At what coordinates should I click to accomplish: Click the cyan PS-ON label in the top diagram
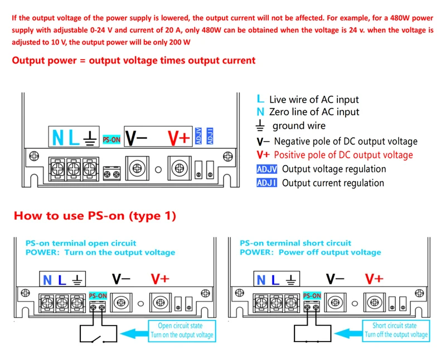[x=112, y=139]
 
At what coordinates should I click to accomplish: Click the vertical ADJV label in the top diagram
[x=199, y=135]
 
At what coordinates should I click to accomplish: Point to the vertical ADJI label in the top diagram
[x=210, y=135]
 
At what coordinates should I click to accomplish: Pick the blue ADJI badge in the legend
[x=266, y=183]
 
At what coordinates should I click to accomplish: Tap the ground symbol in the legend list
[x=260, y=125]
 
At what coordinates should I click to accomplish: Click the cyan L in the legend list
[x=260, y=99]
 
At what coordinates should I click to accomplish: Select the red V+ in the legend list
[x=263, y=155]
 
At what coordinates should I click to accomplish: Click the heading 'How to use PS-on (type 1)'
[x=95, y=216]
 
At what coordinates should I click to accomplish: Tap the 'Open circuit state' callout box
[x=181, y=330]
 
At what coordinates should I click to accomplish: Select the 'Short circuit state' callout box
[x=396, y=330]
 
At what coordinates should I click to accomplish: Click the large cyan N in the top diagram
[x=58, y=137]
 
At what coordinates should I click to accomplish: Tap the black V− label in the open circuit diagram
[x=120, y=279]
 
